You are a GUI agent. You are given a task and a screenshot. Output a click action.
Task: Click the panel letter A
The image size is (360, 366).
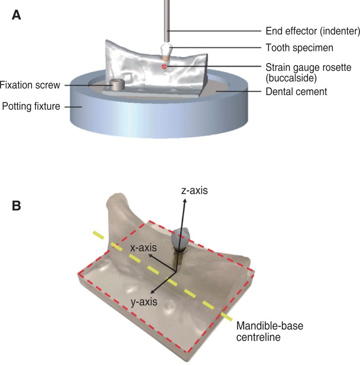16,15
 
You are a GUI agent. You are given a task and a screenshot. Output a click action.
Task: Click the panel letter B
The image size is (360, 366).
16,206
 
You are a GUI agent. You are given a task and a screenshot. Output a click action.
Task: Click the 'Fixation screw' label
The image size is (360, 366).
30,85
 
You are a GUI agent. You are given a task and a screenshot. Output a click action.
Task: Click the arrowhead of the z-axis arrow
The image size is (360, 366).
184,201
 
